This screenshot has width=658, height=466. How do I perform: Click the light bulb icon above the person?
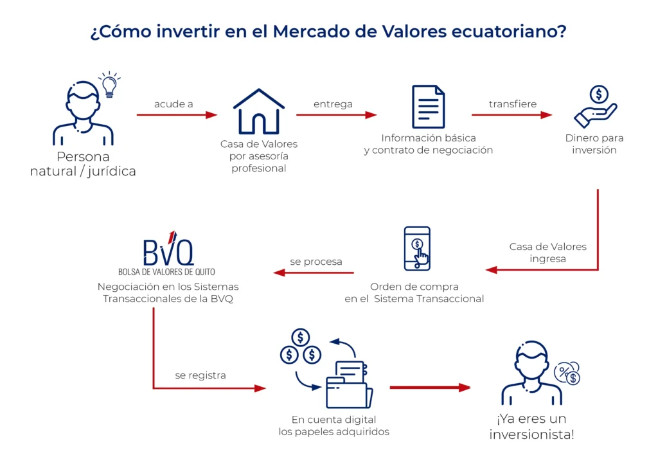click(x=109, y=85)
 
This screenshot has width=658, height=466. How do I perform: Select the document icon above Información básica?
click(x=428, y=107)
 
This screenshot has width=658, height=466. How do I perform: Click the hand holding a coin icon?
click(x=595, y=107)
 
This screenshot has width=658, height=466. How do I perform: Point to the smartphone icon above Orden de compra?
click(x=417, y=248)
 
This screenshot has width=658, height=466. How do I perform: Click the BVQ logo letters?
click(x=168, y=251)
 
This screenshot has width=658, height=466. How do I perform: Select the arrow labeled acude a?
click(x=177, y=115)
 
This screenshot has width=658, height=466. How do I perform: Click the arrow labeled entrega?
click(x=336, y=115)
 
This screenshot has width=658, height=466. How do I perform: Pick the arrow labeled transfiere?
click(x=511, y=115)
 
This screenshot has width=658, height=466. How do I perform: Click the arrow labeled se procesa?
click(x=316, y=273)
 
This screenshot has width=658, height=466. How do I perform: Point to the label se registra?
click(x=200, y=375)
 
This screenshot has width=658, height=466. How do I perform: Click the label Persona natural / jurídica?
click(x=83, y=164)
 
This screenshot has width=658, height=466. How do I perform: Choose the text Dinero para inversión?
click(x=594, y=144)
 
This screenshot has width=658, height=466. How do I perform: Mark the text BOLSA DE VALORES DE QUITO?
click(x=166, y=271)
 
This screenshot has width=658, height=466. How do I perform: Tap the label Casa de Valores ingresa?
click(x=547, y=253)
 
